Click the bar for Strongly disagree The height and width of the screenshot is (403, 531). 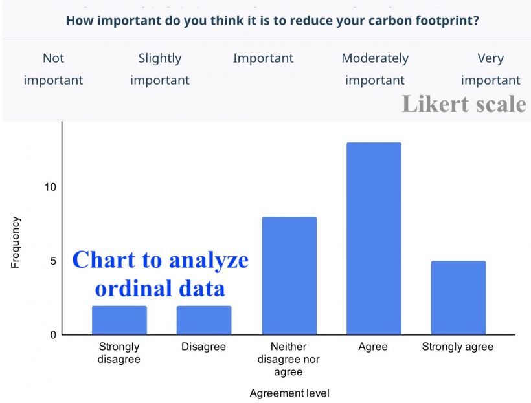pos(119,320)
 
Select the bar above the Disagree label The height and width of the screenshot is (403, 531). pos(204,320)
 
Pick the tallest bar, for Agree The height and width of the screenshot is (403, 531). pos(374,239)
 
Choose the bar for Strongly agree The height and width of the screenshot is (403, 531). pos(458,298)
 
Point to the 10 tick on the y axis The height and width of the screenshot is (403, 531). pos(50,187)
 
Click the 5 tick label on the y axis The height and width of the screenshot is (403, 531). pos(52,261)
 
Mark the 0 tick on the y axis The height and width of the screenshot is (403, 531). pos(52,335)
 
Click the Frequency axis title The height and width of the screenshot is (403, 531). pos(16,243)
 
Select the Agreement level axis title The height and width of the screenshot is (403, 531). pos(289,393)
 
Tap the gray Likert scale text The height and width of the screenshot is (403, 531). pos(464,103)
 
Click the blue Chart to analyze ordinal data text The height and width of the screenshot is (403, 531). pos(160,273)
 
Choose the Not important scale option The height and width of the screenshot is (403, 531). pos(53,69)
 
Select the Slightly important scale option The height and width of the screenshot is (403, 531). pos(159,69)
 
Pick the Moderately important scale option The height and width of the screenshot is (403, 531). pos(375,69)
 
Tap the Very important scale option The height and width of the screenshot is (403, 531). pos(490,69)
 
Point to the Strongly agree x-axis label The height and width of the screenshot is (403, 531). pos(458,347)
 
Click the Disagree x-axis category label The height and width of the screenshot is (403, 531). pos(204,347)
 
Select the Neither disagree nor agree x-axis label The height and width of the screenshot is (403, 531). pos(289,360)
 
